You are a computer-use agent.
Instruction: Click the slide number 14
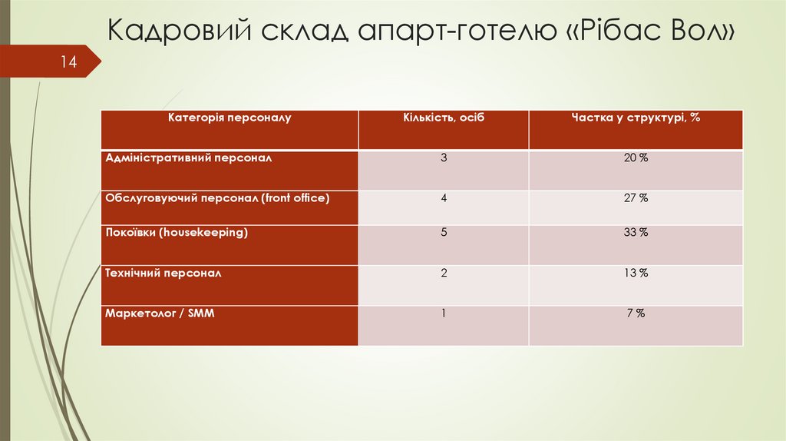click(x=69, y=62)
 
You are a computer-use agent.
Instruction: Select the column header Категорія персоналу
click(x=230, y=118)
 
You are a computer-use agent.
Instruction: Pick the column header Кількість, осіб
click(x=444, y=118)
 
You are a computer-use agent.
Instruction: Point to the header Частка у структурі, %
click(x=636, y=118)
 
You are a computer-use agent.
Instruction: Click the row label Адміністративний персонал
click(x=189, y=157)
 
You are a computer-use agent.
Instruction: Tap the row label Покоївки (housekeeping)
click(x=177, y=232)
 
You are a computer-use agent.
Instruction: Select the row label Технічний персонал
click(x=163, y=273)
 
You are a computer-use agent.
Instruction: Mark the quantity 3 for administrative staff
click(x=444, y=157)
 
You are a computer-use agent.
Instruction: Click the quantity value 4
click(x=444, y=197)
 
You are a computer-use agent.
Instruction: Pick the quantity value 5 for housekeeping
click(x=444, y=232)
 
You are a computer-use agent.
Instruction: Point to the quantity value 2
click(x=444, y=273)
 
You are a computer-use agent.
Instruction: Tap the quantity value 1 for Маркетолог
click(x=444, y=313)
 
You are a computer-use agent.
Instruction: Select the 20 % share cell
click(x=636, y=157)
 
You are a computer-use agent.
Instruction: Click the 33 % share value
click(x=636, y=232)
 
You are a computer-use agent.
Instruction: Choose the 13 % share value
click(x=636, y=273)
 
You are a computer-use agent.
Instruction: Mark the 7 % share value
click(x=636, y=313)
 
